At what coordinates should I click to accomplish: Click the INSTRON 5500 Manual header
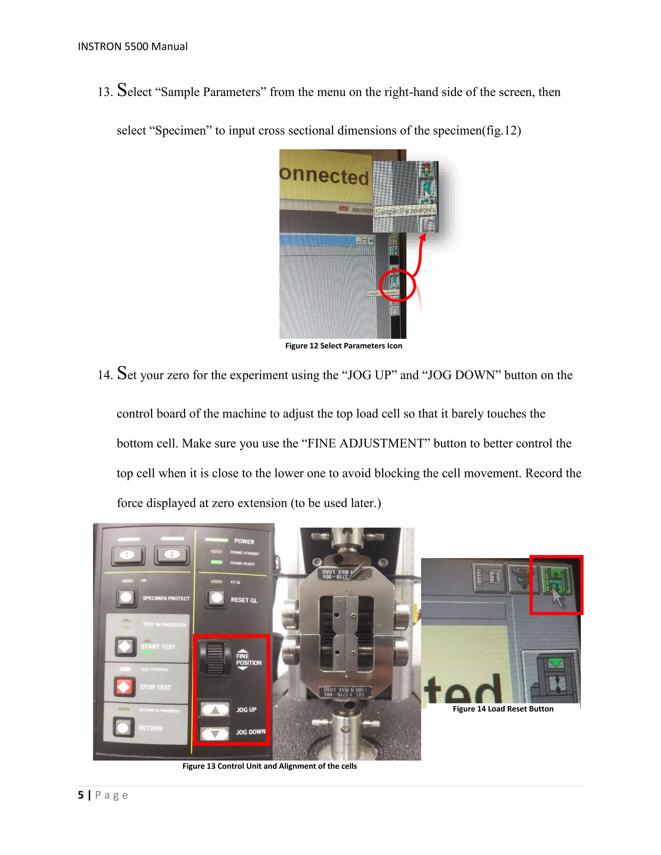132,46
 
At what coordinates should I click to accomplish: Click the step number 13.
105,92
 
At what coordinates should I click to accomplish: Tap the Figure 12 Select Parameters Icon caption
343,346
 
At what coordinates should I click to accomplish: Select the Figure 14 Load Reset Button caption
503,709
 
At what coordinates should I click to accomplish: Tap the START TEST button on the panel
125,646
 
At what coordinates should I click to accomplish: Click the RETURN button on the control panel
123,727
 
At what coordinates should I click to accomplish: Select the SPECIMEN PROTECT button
126,598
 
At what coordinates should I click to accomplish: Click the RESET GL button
216,598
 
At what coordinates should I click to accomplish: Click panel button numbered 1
127,555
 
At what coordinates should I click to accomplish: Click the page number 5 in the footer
81,795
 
